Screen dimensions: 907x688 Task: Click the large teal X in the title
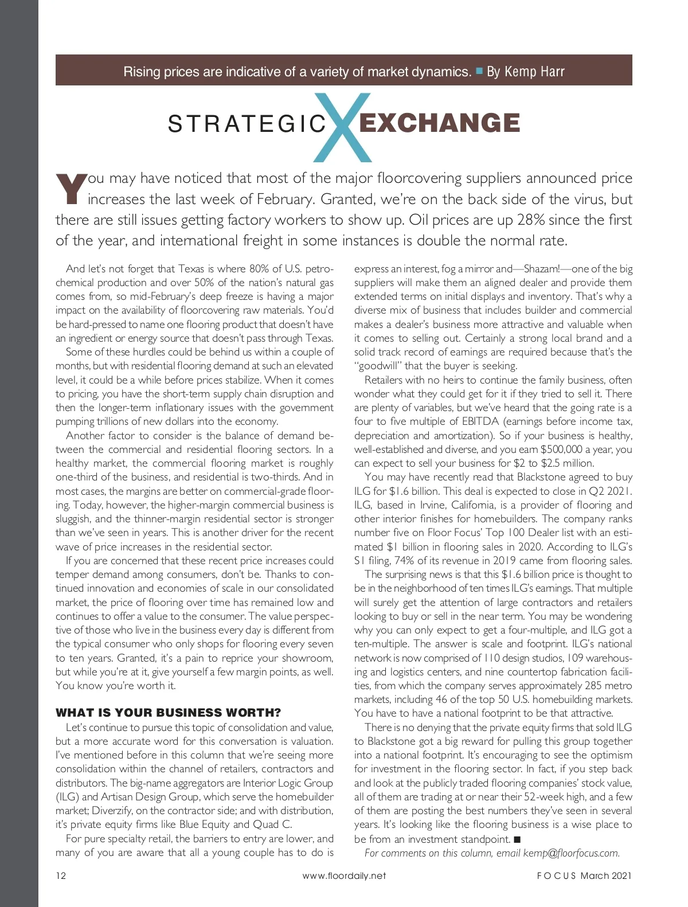[x=343, y=127]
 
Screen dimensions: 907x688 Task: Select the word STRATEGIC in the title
[x=247, y=124]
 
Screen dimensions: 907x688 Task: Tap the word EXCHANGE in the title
[x=439, y=123]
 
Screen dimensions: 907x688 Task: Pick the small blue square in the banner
[x=480, y=72]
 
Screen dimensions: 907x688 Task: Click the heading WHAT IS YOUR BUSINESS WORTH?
[x=168, y=713]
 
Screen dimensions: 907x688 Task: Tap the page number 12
[x=61, y=875]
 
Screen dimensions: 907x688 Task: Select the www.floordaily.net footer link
[x=344, y=875]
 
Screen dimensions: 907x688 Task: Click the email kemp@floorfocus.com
[x=571, y=853]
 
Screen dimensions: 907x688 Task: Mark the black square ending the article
[x=517, y=839]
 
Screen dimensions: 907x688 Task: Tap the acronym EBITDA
[x=480, y=422]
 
